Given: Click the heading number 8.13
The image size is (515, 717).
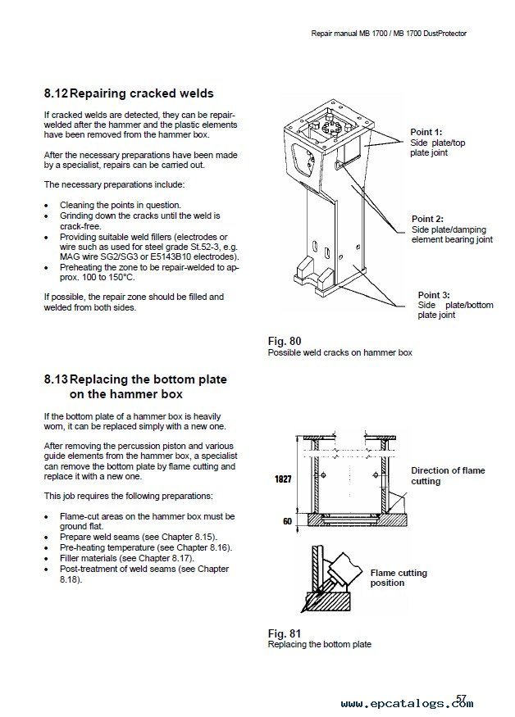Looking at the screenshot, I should (x=57, y=380).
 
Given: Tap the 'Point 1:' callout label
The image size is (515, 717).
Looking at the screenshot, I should (x=426, y=132).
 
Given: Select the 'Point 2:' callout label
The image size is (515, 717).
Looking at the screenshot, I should (x=427, y=219).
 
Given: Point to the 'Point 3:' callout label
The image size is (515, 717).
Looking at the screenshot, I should (x=434, y=295).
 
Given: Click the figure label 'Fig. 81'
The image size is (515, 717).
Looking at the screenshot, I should (x=284, y=633).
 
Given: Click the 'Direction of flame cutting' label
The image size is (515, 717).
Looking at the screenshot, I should (x=448, y=476).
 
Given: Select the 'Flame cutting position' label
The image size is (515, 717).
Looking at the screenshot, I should (x=399, y=578).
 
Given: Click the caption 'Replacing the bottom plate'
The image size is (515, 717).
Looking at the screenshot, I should (x=319, y=644).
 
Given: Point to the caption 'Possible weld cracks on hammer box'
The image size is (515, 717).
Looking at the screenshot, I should (x=340, y=352).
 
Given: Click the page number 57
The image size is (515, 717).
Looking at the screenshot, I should (x=462, y=698).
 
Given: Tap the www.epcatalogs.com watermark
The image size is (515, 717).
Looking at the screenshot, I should (x=407, y=703).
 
